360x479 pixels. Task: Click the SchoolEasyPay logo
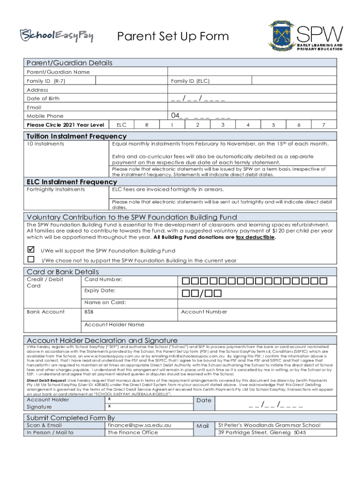pyautogui.click(x=57, y=35)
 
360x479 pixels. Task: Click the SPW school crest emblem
pyautogui.click(x=281, y=36)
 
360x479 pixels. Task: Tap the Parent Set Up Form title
pyautogui.click(x=173, y=36)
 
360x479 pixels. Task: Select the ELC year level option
pyautogui.click(x=121, y=125)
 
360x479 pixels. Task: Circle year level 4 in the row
pyautogui.click(x=247, y=125)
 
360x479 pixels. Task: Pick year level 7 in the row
pyautogui.click(x=323, y=125)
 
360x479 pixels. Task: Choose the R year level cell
pyautogui.click(x=147, y=125)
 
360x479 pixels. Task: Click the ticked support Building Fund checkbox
pyautogui.click(x=31, y=250)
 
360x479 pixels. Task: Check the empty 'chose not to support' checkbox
pyautogui.click(x=31, y=259)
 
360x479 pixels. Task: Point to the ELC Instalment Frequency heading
pyautogui.click(x=72, y=181)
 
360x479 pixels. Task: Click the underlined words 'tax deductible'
pyautogui.click(x=255, y=237)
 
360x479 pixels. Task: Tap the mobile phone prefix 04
pyautogui.click(x=176, y=116)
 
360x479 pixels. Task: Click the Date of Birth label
pyautogui.click(x=43, y=99)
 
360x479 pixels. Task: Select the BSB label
pyautogui.click(x=88, y=312)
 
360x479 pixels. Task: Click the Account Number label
pyautogui.click(x=204, y=312)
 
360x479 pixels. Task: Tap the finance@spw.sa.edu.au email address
pyautogui.click(x=139, y=425)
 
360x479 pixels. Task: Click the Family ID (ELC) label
pyautogui.click(x=190, y=81)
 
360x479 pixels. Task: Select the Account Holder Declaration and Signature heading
pyautogui.click(x=102, y=340)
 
